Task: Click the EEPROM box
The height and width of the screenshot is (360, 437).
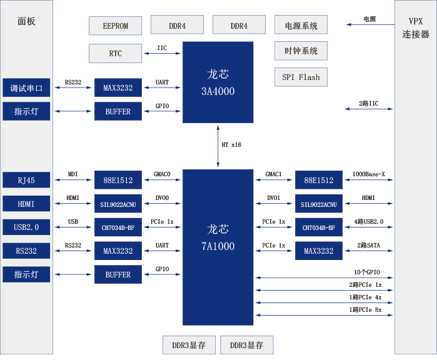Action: (116, 26)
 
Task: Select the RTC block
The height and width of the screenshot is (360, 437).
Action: (116, 54)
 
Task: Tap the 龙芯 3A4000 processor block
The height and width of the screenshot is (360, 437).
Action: (218, 82)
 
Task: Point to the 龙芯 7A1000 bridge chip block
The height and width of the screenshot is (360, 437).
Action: (218, 238)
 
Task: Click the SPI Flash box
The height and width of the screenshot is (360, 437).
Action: (301, 77)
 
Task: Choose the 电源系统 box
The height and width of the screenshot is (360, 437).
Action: (301, 26)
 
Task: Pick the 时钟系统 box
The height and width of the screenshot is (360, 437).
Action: (301, 51)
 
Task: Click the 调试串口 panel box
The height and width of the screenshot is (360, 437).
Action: (26, 88)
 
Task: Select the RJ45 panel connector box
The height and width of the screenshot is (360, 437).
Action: (26, 181)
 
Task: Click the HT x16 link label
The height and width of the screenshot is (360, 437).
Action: (231, 144)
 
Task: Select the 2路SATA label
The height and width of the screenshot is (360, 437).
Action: (369, 245)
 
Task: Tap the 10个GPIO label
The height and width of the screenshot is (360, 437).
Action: (367, 272)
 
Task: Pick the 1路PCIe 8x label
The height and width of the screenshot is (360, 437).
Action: (365, 310)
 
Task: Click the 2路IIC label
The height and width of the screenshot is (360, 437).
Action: (369, 103)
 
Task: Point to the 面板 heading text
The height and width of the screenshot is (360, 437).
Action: (27, 21)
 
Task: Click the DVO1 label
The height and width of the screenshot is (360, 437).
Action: (274, 198)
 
